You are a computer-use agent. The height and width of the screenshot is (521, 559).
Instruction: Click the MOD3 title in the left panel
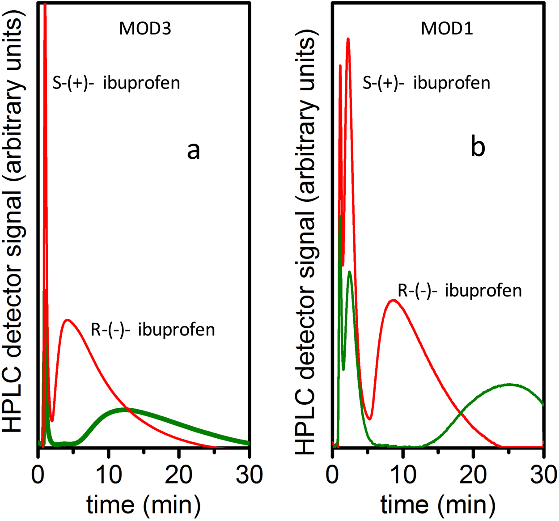pyautogui.click(x=145, y=29)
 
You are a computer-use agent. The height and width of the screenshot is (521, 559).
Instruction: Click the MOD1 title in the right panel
pyautogui.click(x=447, y=29)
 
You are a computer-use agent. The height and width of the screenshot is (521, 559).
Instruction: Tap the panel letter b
pyautogui.click(x=478, y=147)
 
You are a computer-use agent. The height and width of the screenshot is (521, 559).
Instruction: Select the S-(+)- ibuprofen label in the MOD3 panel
pyautogui.click(x=116, y=83)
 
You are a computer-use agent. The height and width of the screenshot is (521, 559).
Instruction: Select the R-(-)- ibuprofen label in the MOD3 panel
pyautogui.click(x=153, y=330)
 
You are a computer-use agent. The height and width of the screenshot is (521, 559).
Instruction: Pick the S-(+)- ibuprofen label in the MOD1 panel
pyautogui.click(x=426, y=83)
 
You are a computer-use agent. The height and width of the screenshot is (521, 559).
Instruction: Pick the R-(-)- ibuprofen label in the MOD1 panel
pyautogui.click(x=460, y=291)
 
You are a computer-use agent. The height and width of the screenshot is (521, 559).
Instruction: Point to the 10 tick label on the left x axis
pyautogui.click(x=108, y=474)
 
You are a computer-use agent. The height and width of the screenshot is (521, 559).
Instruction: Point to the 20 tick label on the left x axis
pyautogui.click(x=179, y=474)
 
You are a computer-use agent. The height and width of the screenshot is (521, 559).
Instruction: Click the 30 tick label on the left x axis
pyautogui.click(x=249, y=474)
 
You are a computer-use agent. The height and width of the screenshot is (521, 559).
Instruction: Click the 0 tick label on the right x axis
pyautogui.click(x=333, y=474)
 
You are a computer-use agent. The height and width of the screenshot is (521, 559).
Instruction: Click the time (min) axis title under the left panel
pyautogui.click(x=144, y=505)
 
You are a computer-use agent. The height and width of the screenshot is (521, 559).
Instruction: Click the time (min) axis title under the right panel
pyautogui.click(x=438, y=505)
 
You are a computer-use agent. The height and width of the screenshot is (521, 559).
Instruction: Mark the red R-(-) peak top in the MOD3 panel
pyautogui.click(x=67, y=320)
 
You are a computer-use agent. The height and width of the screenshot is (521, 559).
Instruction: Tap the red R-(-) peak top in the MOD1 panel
pyautogui.click(x=393, y=300)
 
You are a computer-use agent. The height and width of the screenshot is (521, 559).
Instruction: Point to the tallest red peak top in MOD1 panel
pyautogui.click(x=348, y=39)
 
